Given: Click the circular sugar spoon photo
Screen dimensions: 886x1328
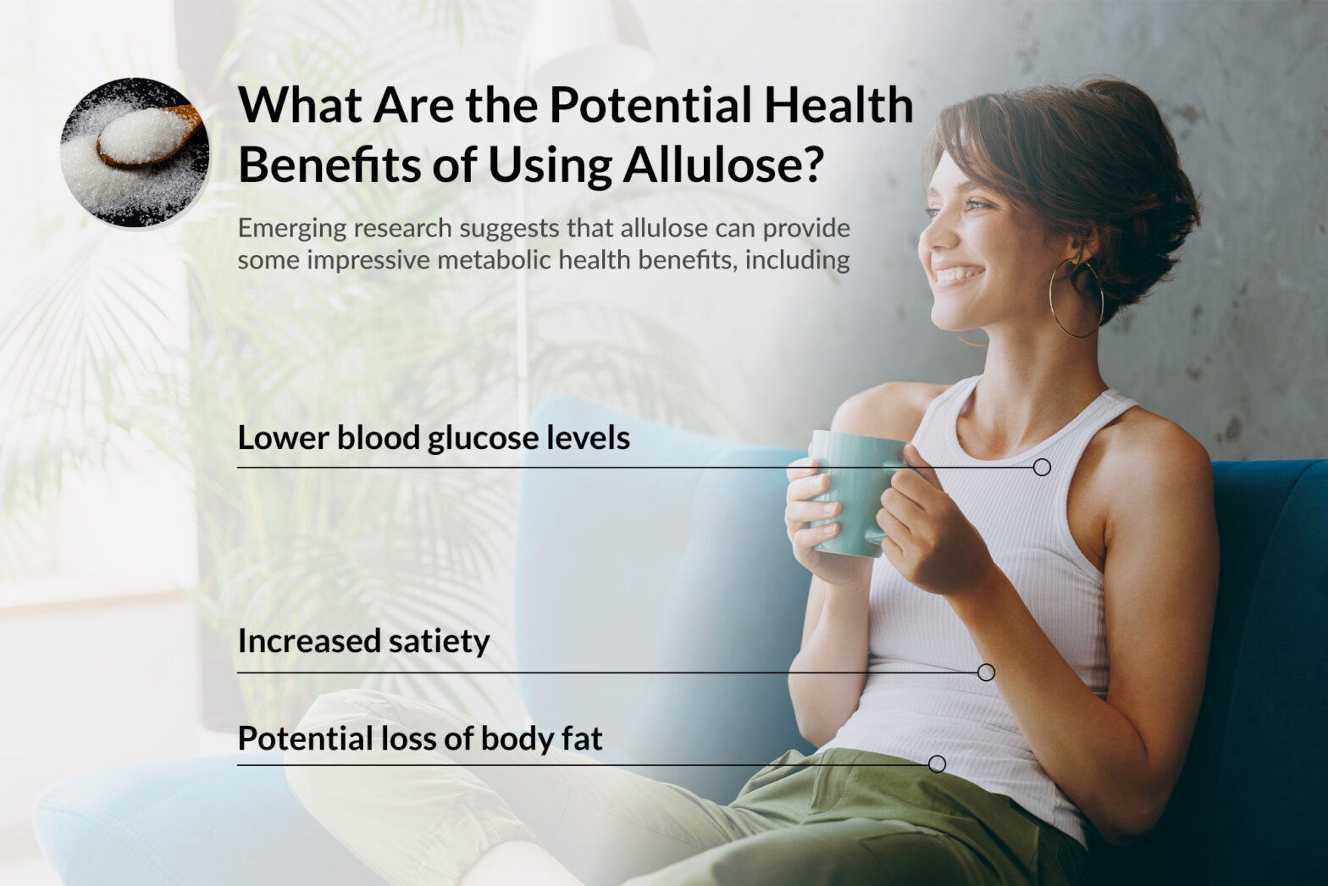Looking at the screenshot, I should tap(135, 152).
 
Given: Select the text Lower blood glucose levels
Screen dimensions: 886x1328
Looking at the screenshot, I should tap(434, 438).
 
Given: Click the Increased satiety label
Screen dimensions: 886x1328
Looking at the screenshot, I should tap(363, 641).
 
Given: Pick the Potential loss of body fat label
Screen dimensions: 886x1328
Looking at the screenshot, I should tap(420, 739).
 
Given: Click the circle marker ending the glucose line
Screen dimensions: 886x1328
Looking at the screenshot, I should tap(1042, 467).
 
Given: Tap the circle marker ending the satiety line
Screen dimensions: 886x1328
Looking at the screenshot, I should tap(986, 673).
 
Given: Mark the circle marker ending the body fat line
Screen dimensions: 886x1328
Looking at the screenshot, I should tap(937, 764).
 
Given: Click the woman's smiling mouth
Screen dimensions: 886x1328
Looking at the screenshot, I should tap(957, 275).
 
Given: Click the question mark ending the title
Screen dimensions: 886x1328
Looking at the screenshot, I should tap(811, 164).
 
